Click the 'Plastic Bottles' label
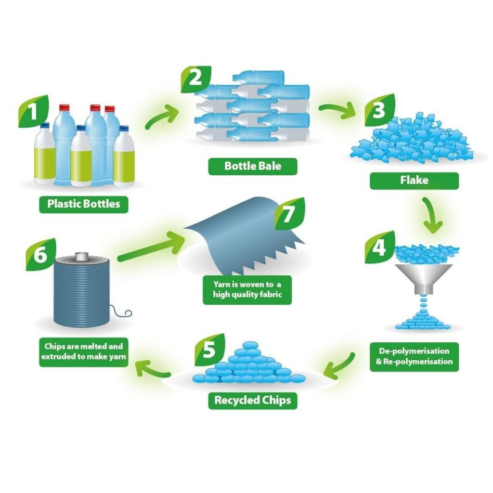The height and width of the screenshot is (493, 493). [84, 204]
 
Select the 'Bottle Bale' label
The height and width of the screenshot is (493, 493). [253, 166]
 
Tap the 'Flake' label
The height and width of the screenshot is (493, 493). [414, 181]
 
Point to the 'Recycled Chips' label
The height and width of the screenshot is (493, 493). [253, 401]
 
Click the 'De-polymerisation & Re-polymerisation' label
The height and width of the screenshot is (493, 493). [415, 357]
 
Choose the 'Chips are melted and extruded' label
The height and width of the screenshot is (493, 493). [84, 352]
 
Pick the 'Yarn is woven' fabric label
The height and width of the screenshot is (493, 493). [247, 290]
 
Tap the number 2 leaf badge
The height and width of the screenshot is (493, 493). [195, 79]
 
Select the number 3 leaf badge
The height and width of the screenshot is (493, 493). [379, 110]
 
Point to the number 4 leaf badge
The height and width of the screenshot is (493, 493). [379, 247]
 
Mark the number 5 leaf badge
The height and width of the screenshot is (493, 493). [210, 350]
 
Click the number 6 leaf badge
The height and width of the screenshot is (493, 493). [40, 255]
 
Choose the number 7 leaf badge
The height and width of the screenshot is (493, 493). [289, 214]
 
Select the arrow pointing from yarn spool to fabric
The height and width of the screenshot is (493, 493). [150, 247]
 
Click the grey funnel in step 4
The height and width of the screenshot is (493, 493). [424, 277]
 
